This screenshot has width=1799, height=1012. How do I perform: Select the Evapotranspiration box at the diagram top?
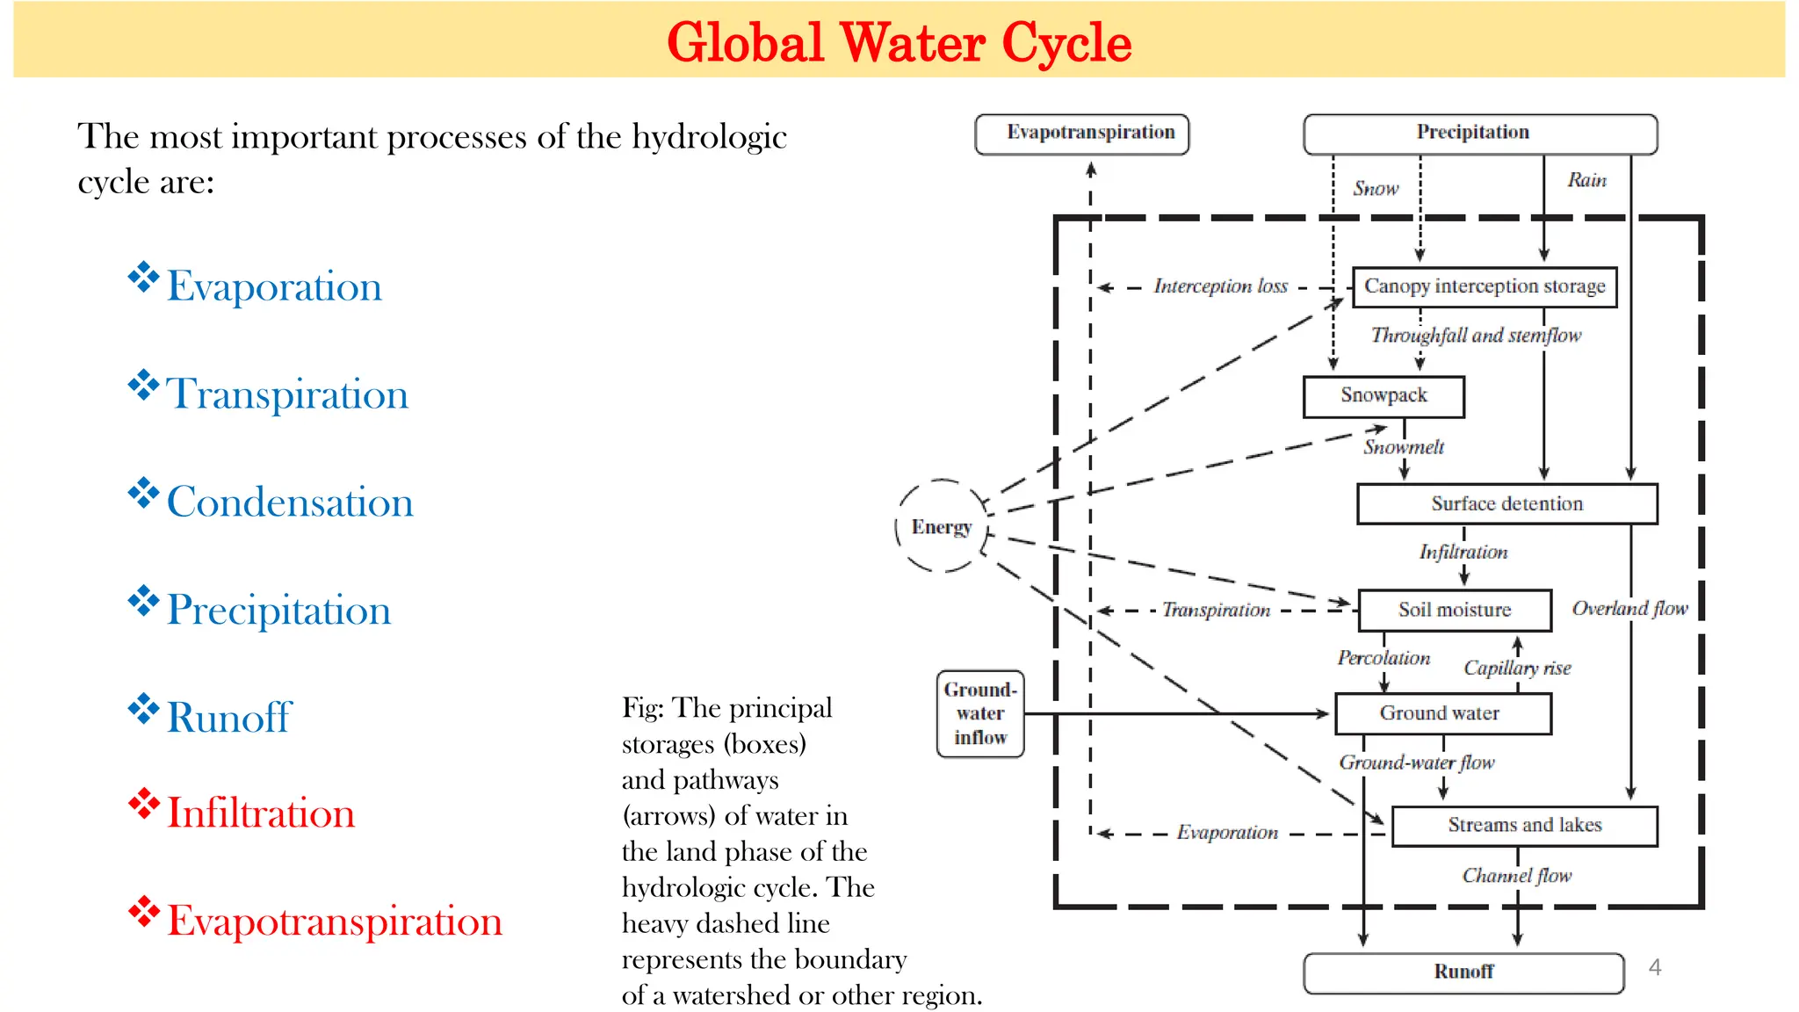1081,134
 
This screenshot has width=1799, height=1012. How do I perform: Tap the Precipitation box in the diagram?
1480,134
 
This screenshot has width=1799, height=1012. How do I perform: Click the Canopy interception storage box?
1484,287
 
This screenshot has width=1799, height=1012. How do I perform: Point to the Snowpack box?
1384,396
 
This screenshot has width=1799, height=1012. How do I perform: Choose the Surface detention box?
1506,504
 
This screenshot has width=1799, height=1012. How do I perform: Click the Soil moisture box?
1455,611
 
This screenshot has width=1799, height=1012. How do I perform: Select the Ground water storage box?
1442,713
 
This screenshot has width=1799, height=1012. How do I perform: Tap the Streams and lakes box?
1524,826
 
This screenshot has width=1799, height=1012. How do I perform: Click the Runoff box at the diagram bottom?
1463,972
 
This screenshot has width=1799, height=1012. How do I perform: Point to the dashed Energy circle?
942,526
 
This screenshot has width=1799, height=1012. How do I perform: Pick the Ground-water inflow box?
980,713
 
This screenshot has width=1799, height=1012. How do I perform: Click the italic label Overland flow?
1629,609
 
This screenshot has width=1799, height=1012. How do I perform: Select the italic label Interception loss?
1220,286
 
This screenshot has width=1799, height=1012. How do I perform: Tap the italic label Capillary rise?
1517,669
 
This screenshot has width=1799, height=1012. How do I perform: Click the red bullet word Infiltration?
261,813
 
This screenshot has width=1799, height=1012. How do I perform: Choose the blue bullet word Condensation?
290,502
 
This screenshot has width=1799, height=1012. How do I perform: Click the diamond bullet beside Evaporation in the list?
143,278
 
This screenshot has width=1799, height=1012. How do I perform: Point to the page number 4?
1655,967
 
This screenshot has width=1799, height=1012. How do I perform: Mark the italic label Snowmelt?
1404,447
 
